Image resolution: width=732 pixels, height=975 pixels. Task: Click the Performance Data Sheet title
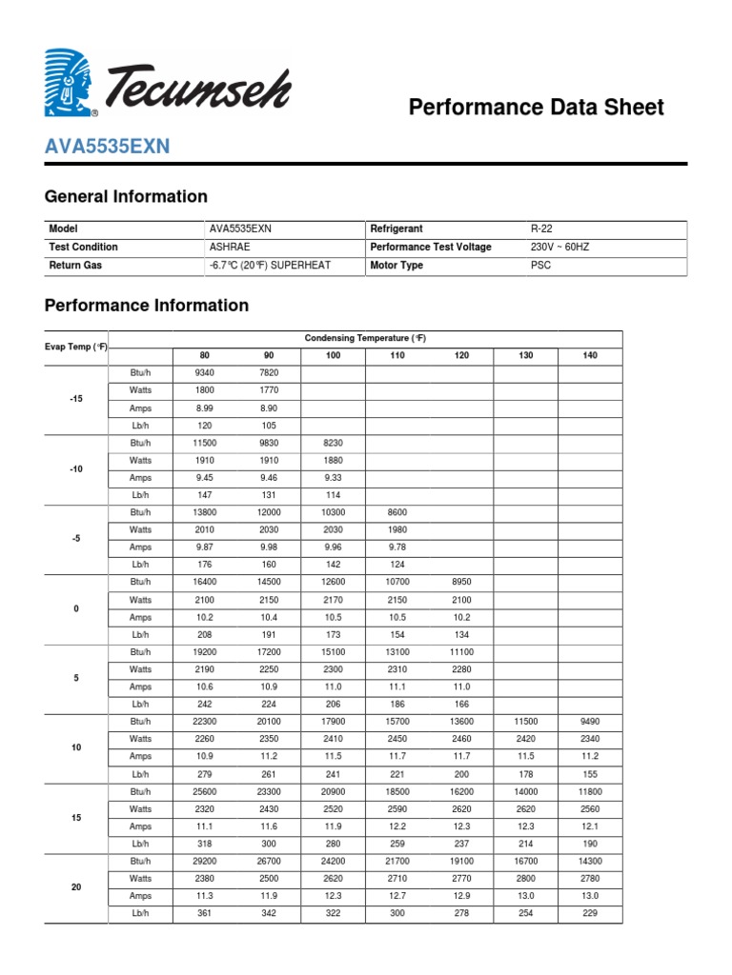coord(536,108)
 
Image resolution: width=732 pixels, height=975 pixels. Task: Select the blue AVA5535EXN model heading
coord(107,147)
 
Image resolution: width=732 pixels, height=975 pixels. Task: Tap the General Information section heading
coord(126,197)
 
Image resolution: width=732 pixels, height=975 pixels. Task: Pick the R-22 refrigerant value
coord(541,229)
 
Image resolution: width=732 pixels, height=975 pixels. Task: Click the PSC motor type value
coord(540,266)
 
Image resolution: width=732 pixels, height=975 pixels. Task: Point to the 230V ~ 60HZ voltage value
coord(560,248)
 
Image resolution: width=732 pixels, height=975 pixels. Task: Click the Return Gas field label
coord(74,266)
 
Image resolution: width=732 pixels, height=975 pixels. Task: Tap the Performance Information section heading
coord(147,306)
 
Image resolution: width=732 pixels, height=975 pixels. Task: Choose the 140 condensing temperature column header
coord(590,355)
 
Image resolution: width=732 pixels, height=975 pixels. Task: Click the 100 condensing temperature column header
coord(333,355)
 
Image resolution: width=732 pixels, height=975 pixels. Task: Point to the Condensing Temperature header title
coord(365,339)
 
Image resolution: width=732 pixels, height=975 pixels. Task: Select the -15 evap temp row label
coord(76,399)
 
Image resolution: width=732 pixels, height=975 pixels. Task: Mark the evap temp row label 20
coord(76,887)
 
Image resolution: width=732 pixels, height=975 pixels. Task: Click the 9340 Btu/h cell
coord(205,372)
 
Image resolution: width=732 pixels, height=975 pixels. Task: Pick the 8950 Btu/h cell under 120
coord(461,582)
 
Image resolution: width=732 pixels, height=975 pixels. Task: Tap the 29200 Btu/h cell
coord(205,861)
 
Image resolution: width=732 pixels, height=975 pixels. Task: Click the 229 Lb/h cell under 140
coord(590,914)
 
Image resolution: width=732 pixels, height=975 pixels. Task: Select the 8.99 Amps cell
coord(205,408)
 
